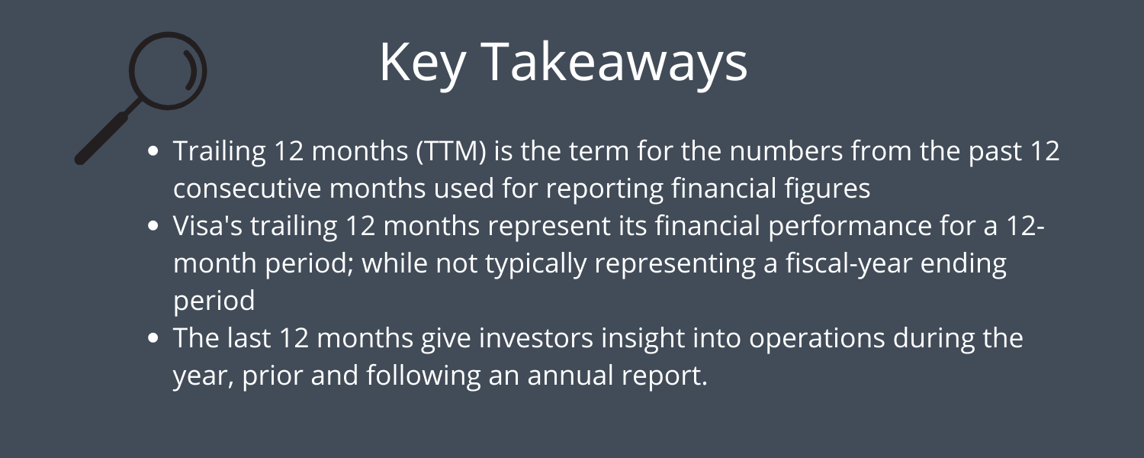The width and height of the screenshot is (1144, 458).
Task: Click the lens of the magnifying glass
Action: coord(168,70)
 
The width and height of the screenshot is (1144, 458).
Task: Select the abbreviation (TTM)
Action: coord(451,152)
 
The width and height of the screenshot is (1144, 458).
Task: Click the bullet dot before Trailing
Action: coord(153,151)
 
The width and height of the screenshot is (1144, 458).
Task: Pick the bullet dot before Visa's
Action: coord(153,226)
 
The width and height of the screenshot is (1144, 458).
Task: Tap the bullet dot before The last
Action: coord(153,338)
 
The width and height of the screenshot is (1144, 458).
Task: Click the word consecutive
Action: coord(248,189)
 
